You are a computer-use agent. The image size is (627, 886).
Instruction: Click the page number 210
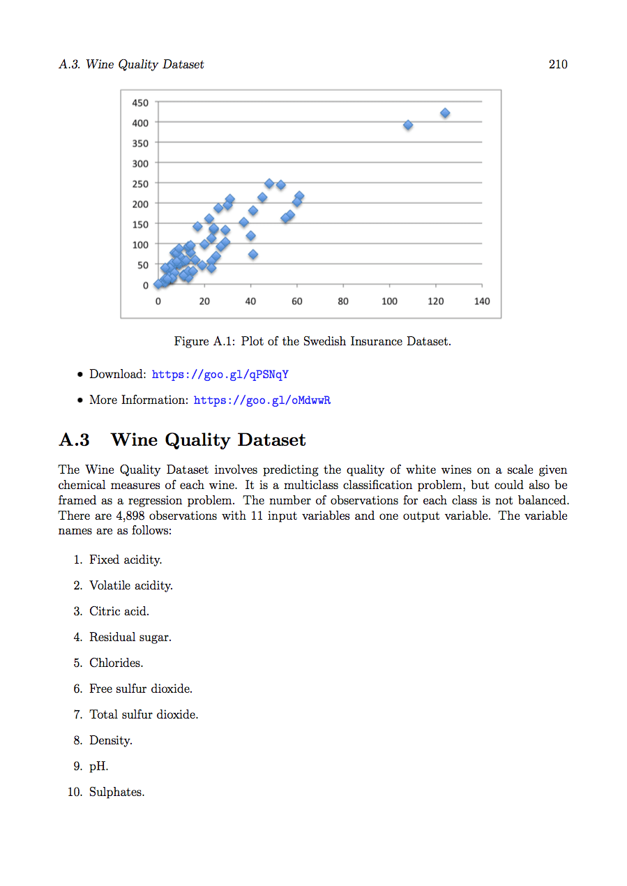[x=558, y=64]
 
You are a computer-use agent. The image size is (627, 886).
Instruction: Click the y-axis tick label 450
[x=140, y=103]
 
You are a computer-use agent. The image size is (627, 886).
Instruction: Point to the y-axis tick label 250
[x=140, y=183]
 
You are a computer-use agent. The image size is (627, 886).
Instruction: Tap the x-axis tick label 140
[x=482, y=301]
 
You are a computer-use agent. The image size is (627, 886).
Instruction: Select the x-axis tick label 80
[x=343, y=301]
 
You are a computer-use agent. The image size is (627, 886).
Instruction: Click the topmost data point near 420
[x=445, y=113]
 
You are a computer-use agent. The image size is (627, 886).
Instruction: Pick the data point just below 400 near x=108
[x=408, y=125]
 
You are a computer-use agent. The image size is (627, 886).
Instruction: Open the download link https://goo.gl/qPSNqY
[x=220, y=375]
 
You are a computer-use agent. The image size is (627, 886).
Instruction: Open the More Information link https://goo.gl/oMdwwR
[x=262, y=400]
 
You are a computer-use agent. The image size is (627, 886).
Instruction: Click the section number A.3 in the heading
[x=75, y=440]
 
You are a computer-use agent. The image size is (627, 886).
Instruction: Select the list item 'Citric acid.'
[x=119, y=612]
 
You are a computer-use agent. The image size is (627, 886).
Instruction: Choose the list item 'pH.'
[x=98, y=767]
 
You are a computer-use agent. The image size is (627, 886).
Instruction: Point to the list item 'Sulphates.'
[x=116, y=793]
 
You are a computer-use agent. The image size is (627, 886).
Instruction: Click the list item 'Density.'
[x=110, y=741]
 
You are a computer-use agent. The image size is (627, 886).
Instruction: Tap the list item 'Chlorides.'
[x=116, y=663]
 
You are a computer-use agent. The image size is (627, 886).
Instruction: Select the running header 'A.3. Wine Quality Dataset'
[x=132, y=64]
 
